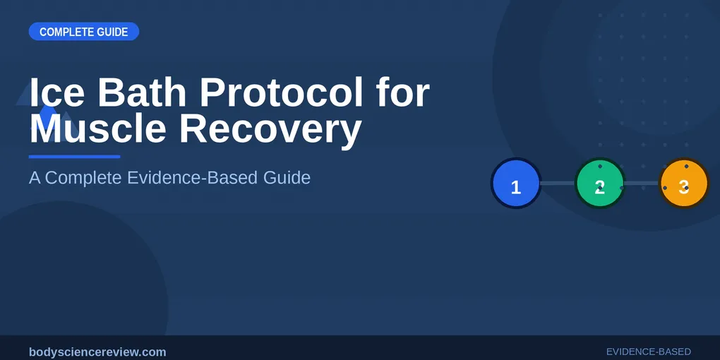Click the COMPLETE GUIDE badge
coord(83,32)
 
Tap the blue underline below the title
coord(74,157)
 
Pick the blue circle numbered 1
coord(516,184)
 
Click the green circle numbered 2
coord(600,184)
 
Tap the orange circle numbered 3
coord(683,184)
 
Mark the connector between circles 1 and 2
coord(558,184)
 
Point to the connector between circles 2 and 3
coord(642,184)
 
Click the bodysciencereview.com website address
coord(97,352)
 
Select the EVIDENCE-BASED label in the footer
coord(648,352)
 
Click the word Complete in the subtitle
coord(84,177)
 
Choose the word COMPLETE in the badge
coord(66,32)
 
